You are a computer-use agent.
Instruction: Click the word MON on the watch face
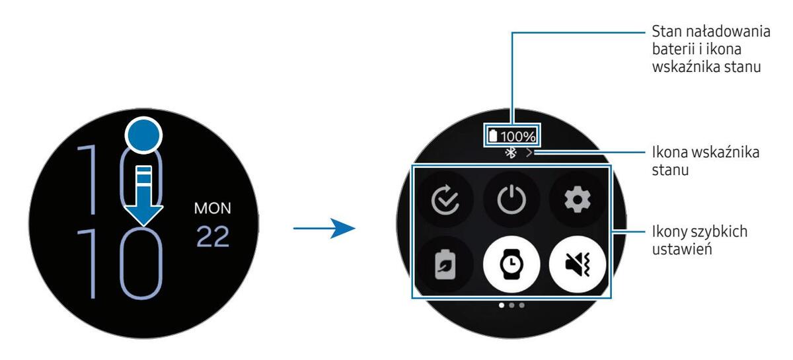pos(213,209)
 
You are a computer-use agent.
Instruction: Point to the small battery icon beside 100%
pos(493,137)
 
